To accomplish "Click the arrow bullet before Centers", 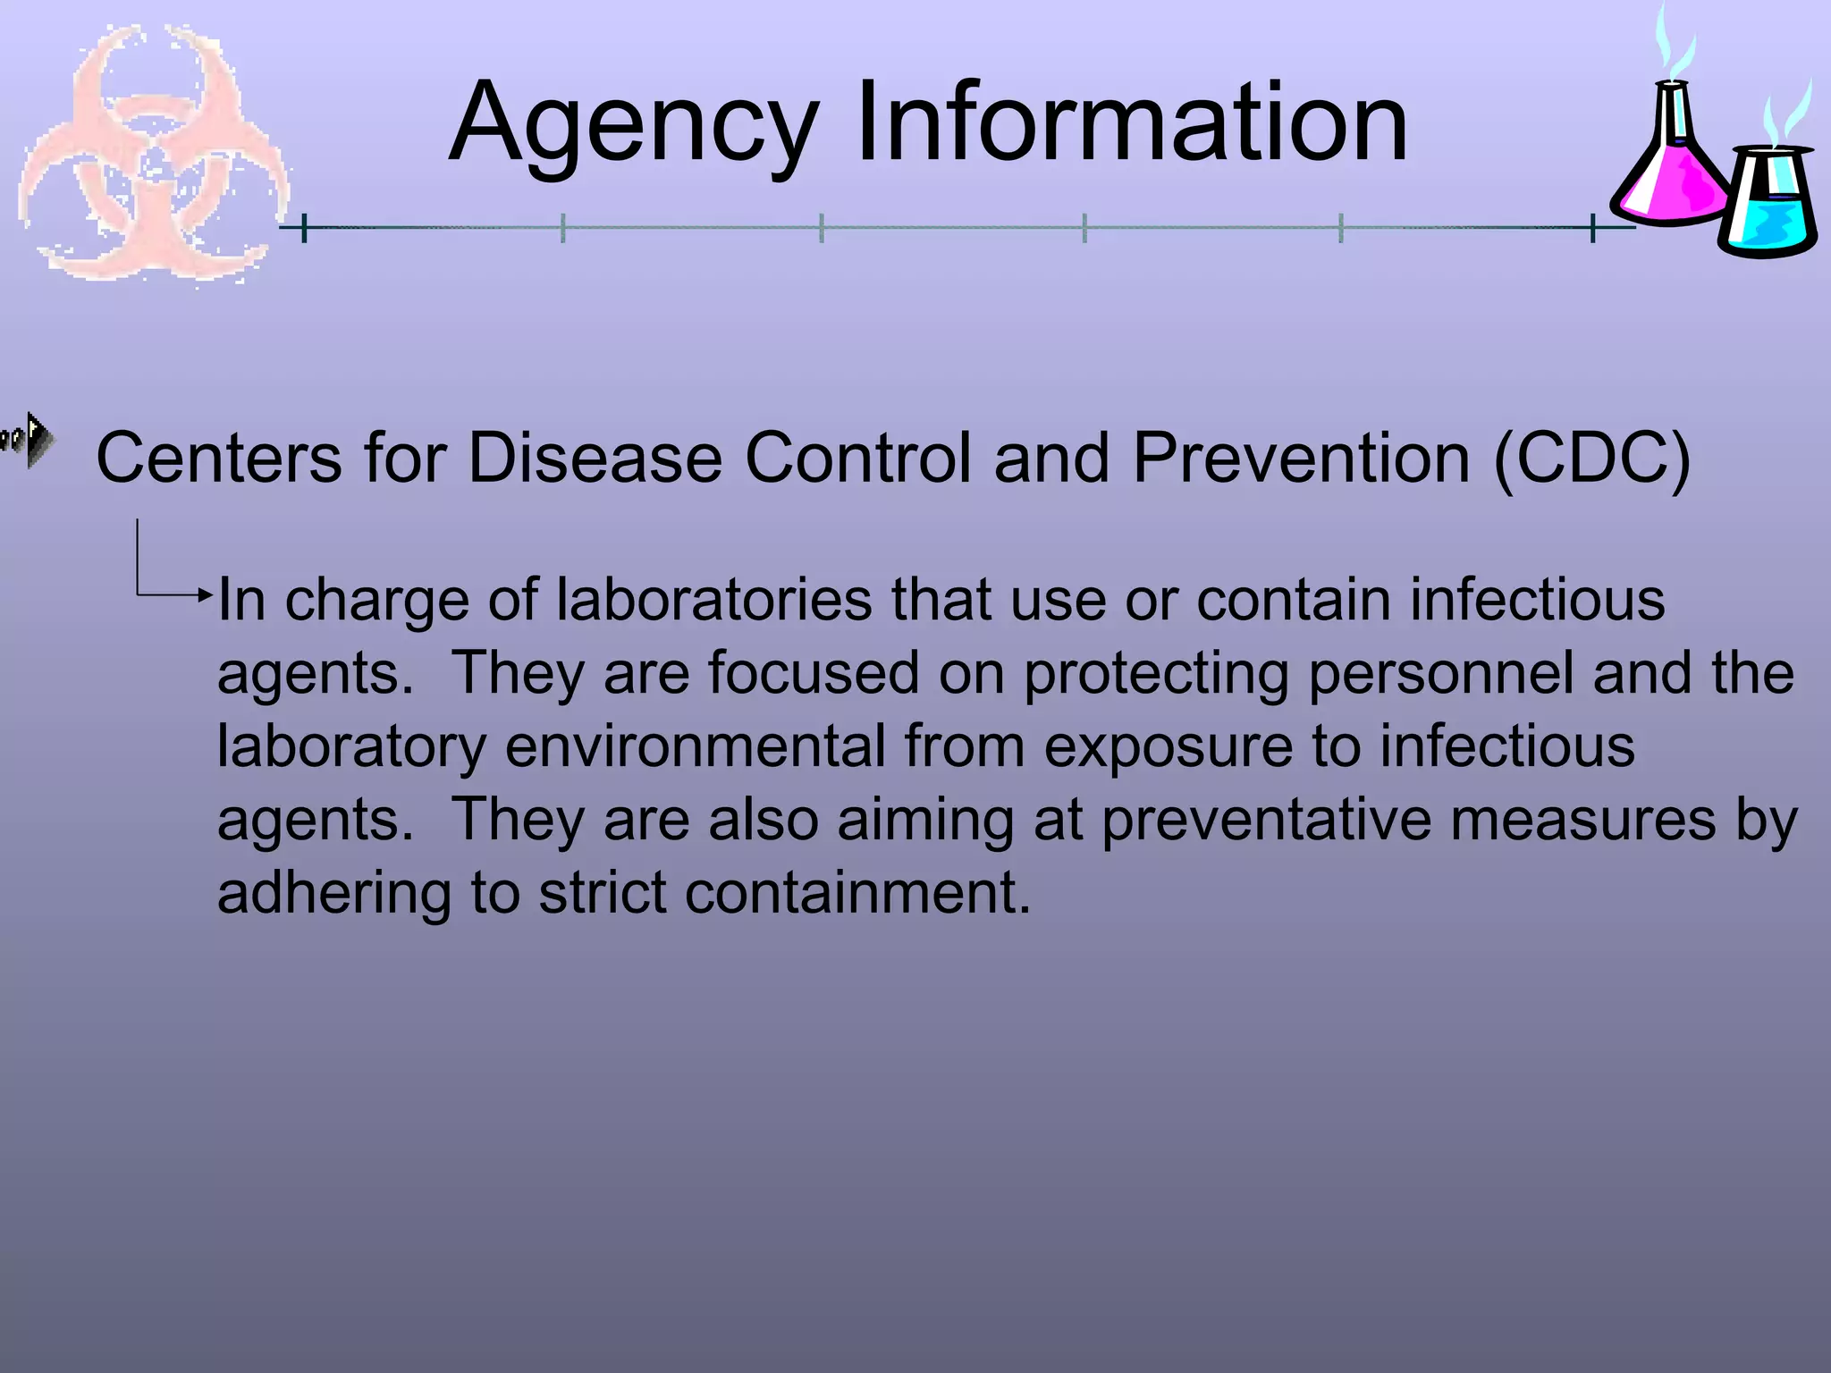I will click(x=30, y=439).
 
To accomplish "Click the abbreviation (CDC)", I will click(x=1592, y=459).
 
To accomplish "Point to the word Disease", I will click(x=595, y=459).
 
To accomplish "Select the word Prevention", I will click(x=1302, y=459).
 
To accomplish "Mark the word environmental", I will click(x=695, y=745).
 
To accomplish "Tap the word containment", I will click(x=857, y=892).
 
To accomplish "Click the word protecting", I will click(x=1156, y=674).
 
